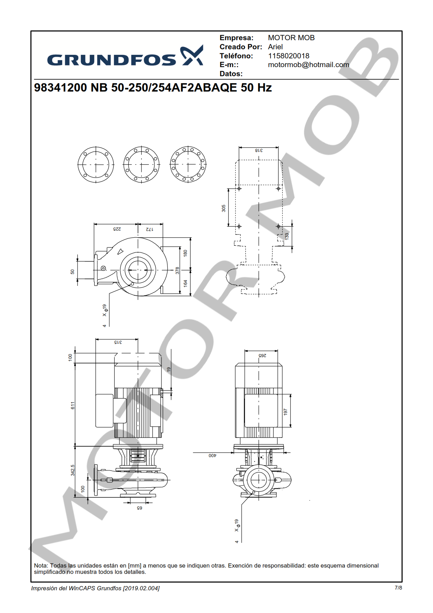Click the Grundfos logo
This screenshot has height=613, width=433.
click(x=125, y=56)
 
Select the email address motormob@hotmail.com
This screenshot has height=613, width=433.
click(x=309, y=65)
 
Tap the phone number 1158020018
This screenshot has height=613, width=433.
click(x=289, y=56)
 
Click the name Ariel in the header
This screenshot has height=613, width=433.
click(x=275, y=47)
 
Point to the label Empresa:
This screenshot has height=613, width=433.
click(x=237, y=38)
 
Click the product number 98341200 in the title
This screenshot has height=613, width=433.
click(x=60, y=87)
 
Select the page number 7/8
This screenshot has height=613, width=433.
click(x=398, y=588)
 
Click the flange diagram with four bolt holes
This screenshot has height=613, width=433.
click(x=96, y=165)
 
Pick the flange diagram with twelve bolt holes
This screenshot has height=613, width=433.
click(x=188, y=165)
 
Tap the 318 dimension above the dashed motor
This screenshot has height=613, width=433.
click(x=259, y=150)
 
